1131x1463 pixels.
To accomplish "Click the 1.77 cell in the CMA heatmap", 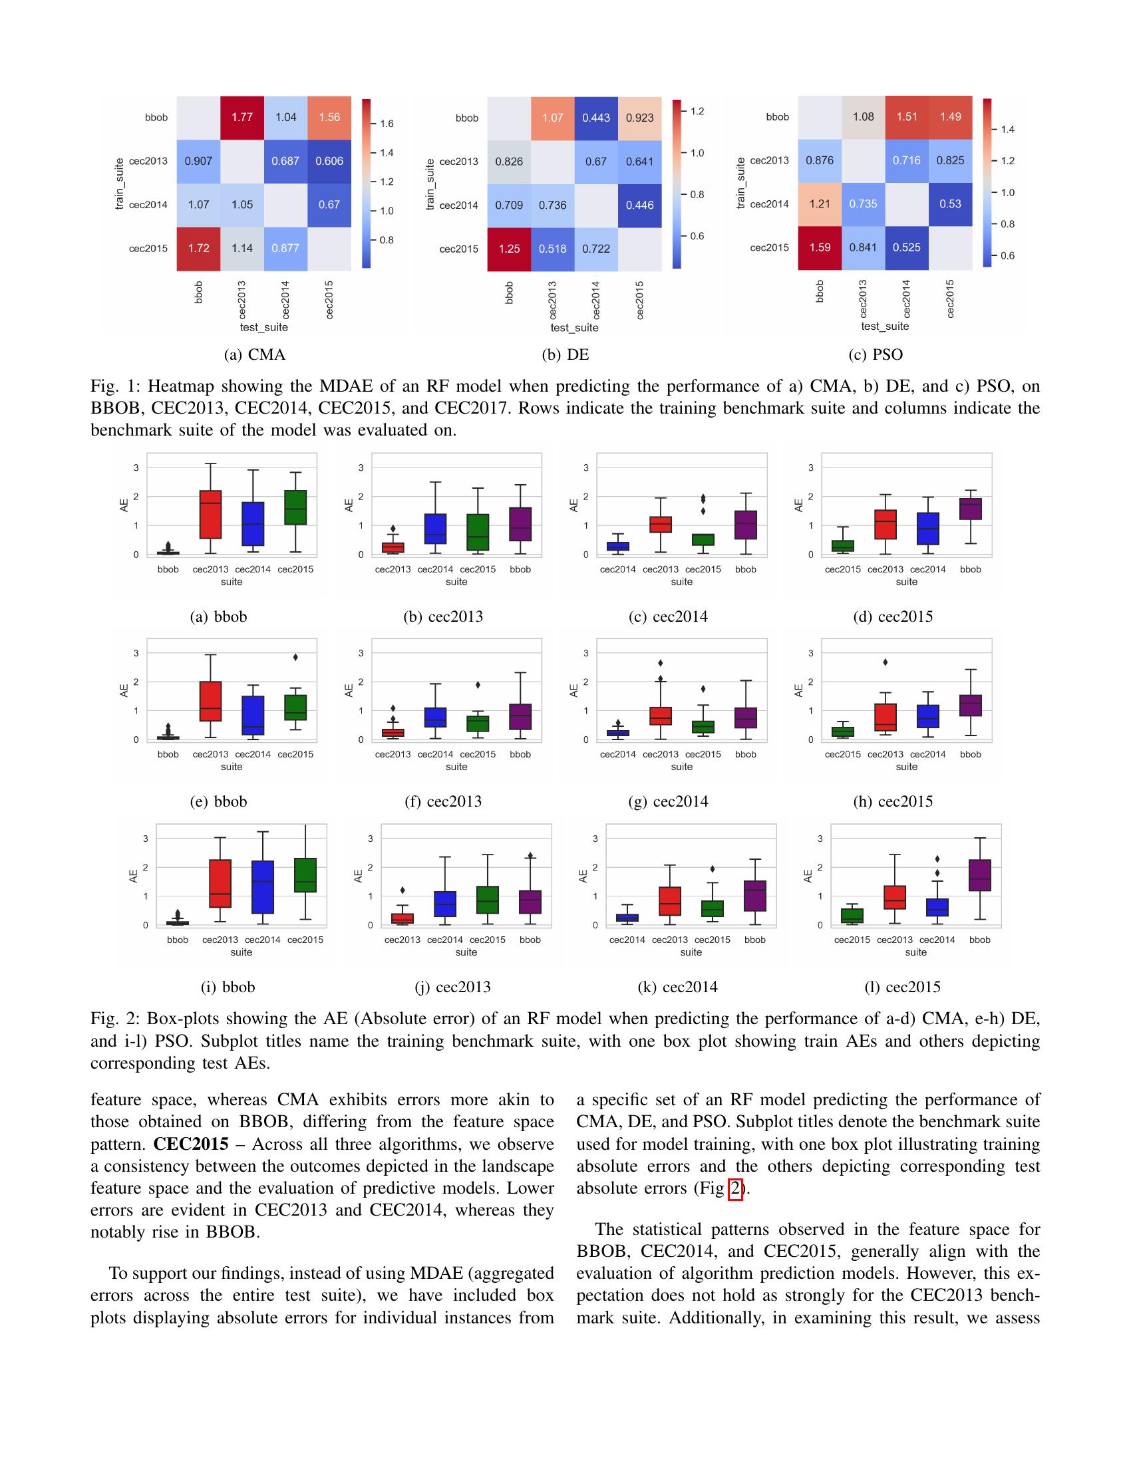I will pos(242,117).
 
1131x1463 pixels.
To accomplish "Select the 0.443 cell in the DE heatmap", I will pos(595,118).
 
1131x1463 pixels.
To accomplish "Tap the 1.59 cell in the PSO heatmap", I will pos(820,247).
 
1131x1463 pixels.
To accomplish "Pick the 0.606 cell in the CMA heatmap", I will pos(329,161).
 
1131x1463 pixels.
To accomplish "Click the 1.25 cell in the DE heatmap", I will pos(509,249).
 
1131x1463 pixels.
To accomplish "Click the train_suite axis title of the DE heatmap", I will pos(430,184).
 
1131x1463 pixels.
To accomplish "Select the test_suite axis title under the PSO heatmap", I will pos(884,327).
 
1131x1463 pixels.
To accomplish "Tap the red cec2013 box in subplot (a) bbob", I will pos(210,515).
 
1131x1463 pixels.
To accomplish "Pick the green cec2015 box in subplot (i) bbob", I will pos(305,875).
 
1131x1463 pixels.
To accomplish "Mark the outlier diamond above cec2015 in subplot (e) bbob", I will pos(295,657).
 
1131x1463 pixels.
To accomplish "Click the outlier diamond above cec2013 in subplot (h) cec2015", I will pos(885,662).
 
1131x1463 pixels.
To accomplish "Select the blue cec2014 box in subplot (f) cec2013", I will pos(436,718).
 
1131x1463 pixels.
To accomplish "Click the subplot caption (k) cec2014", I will pos(677,987).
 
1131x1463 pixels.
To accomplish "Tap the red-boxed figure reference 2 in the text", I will pos(735,1188).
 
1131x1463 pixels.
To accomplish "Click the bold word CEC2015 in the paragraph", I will pos(190,1144).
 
